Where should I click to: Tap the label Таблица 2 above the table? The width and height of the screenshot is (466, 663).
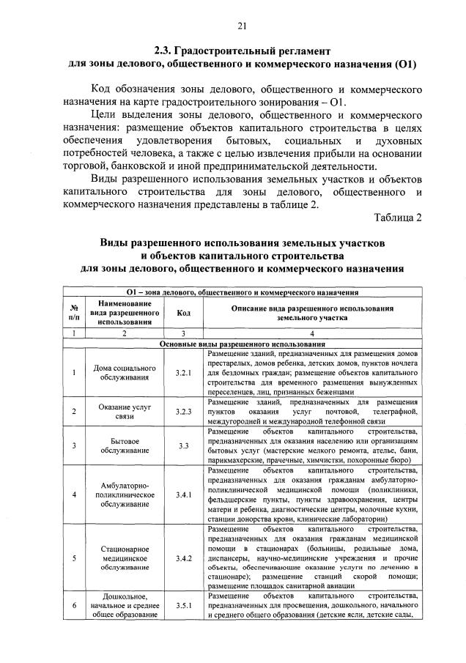tap(398, 218)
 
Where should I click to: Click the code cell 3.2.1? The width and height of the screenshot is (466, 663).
tap(183, 372)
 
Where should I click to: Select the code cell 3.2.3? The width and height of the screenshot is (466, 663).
tap(183, 411)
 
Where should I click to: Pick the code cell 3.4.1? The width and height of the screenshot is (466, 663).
tap(183, 494)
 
